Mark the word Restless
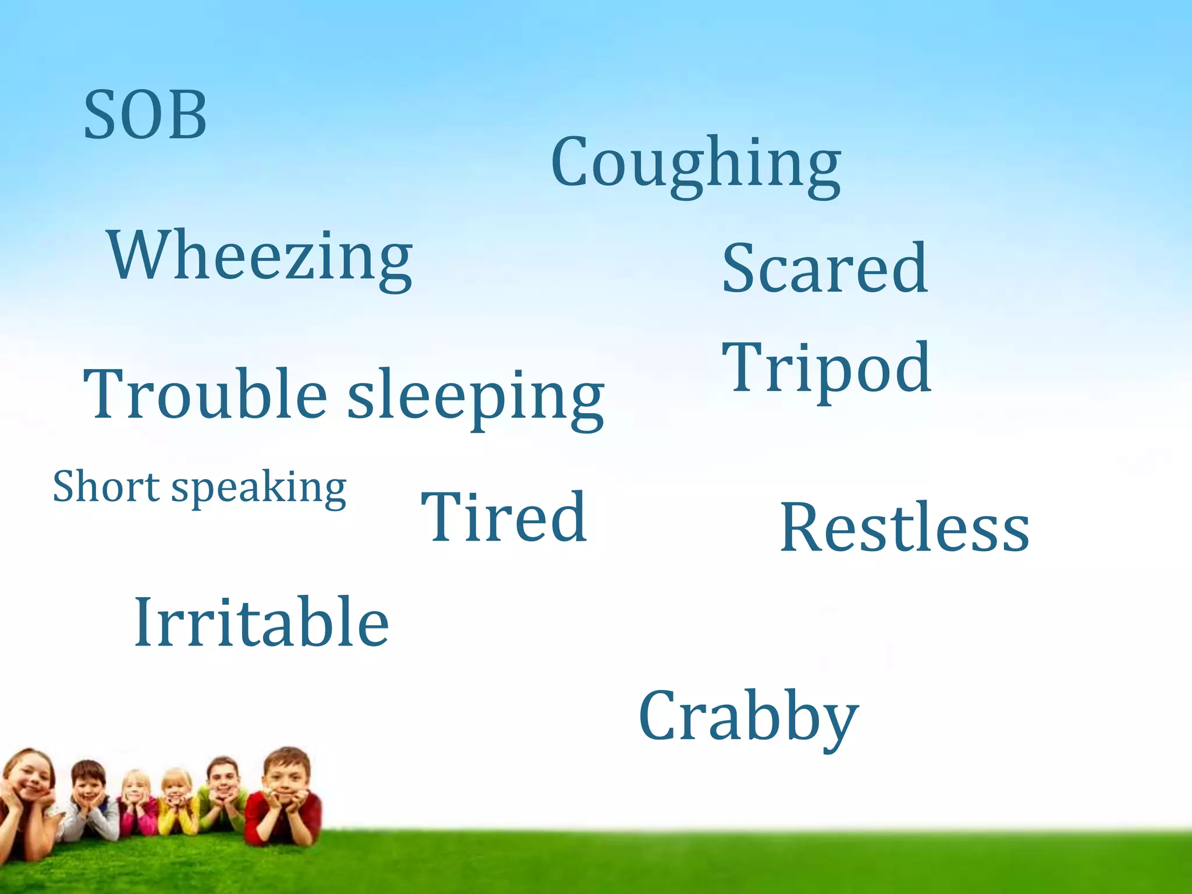904,527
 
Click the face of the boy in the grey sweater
88,783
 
